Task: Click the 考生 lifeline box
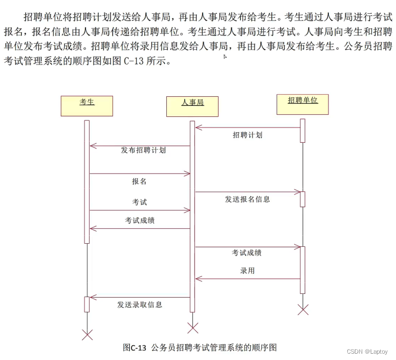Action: pos(87,106)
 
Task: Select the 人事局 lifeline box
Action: pos(192,106)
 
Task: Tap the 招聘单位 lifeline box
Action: pos(303,104)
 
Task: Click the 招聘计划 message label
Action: pos(247,135)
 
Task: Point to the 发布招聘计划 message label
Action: pos(143,150)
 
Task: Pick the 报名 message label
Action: pos(139,181)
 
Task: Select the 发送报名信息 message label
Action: pos(247,199)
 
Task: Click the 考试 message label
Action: pos(139,202)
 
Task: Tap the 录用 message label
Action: pos(247,270)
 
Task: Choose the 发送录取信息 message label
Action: pos(139,304)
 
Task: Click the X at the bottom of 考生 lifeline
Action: pos(87,334)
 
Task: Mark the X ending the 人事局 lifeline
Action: pos(193,328)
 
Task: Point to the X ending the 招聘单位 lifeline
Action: pos(303,309)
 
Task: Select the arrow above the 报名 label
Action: pos(139,173)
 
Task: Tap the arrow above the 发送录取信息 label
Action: pos(139,297)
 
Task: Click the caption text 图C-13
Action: pos(134,347)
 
